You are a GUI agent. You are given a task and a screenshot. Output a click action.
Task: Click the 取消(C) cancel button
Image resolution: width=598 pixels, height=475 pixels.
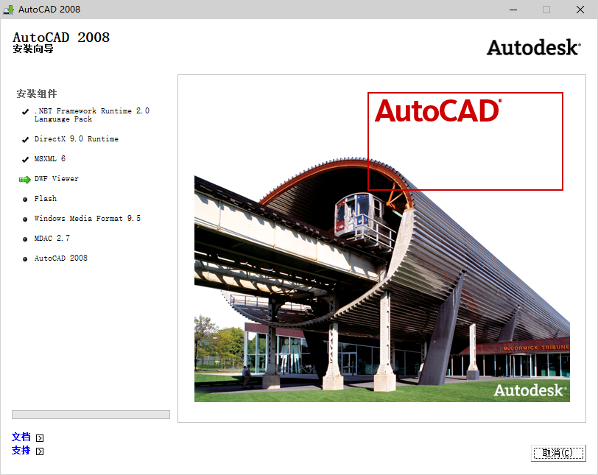[x=557, y=453]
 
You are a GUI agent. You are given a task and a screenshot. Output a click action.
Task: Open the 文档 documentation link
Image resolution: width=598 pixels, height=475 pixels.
[x=21, y=437]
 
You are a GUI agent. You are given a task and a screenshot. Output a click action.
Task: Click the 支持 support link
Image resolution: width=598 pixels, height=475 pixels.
[x=21, y=450]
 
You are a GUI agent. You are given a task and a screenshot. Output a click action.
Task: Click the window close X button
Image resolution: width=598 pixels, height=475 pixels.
[x=580, y=10]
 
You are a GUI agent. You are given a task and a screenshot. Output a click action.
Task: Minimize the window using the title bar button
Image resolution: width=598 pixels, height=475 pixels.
[x=513, y=10]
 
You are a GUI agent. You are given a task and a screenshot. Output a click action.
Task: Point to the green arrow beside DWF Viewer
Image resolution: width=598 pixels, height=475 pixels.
[x=24, y=179]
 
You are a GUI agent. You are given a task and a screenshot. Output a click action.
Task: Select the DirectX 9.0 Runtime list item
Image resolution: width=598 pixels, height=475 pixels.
[x=76, y=139]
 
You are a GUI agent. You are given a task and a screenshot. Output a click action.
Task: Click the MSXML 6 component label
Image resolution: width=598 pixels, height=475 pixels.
[x=49, y=159]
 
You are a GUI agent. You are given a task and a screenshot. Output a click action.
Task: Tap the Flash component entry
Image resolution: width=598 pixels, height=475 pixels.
[x=45, y=199]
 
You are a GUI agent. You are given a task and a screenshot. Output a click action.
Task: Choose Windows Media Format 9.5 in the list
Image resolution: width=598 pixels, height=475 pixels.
[x=87, y=219]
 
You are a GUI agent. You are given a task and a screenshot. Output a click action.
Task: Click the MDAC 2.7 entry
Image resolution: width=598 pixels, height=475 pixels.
[x=52, y=239]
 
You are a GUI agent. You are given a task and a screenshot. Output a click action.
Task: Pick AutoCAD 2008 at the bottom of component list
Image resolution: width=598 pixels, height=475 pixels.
[x=60, y=258]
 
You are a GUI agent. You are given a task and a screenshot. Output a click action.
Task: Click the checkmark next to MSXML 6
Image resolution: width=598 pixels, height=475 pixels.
[x=25, y=159]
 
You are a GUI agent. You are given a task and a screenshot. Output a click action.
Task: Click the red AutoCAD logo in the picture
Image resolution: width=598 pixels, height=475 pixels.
[x=437, y=110]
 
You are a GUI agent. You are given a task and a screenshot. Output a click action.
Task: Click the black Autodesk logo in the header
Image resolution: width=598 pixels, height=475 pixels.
[x=533, y=47]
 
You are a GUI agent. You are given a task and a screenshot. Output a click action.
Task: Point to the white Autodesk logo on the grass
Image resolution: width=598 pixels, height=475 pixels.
[x=530, y=390]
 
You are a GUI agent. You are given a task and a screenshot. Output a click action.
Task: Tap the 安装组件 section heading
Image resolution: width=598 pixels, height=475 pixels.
[x=36, y=94]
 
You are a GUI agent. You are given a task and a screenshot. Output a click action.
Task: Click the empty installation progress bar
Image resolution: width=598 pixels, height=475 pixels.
[x=91, y=415]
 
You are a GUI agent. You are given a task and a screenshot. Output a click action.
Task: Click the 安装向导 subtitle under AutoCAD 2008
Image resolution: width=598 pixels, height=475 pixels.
[x=33, y=50]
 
